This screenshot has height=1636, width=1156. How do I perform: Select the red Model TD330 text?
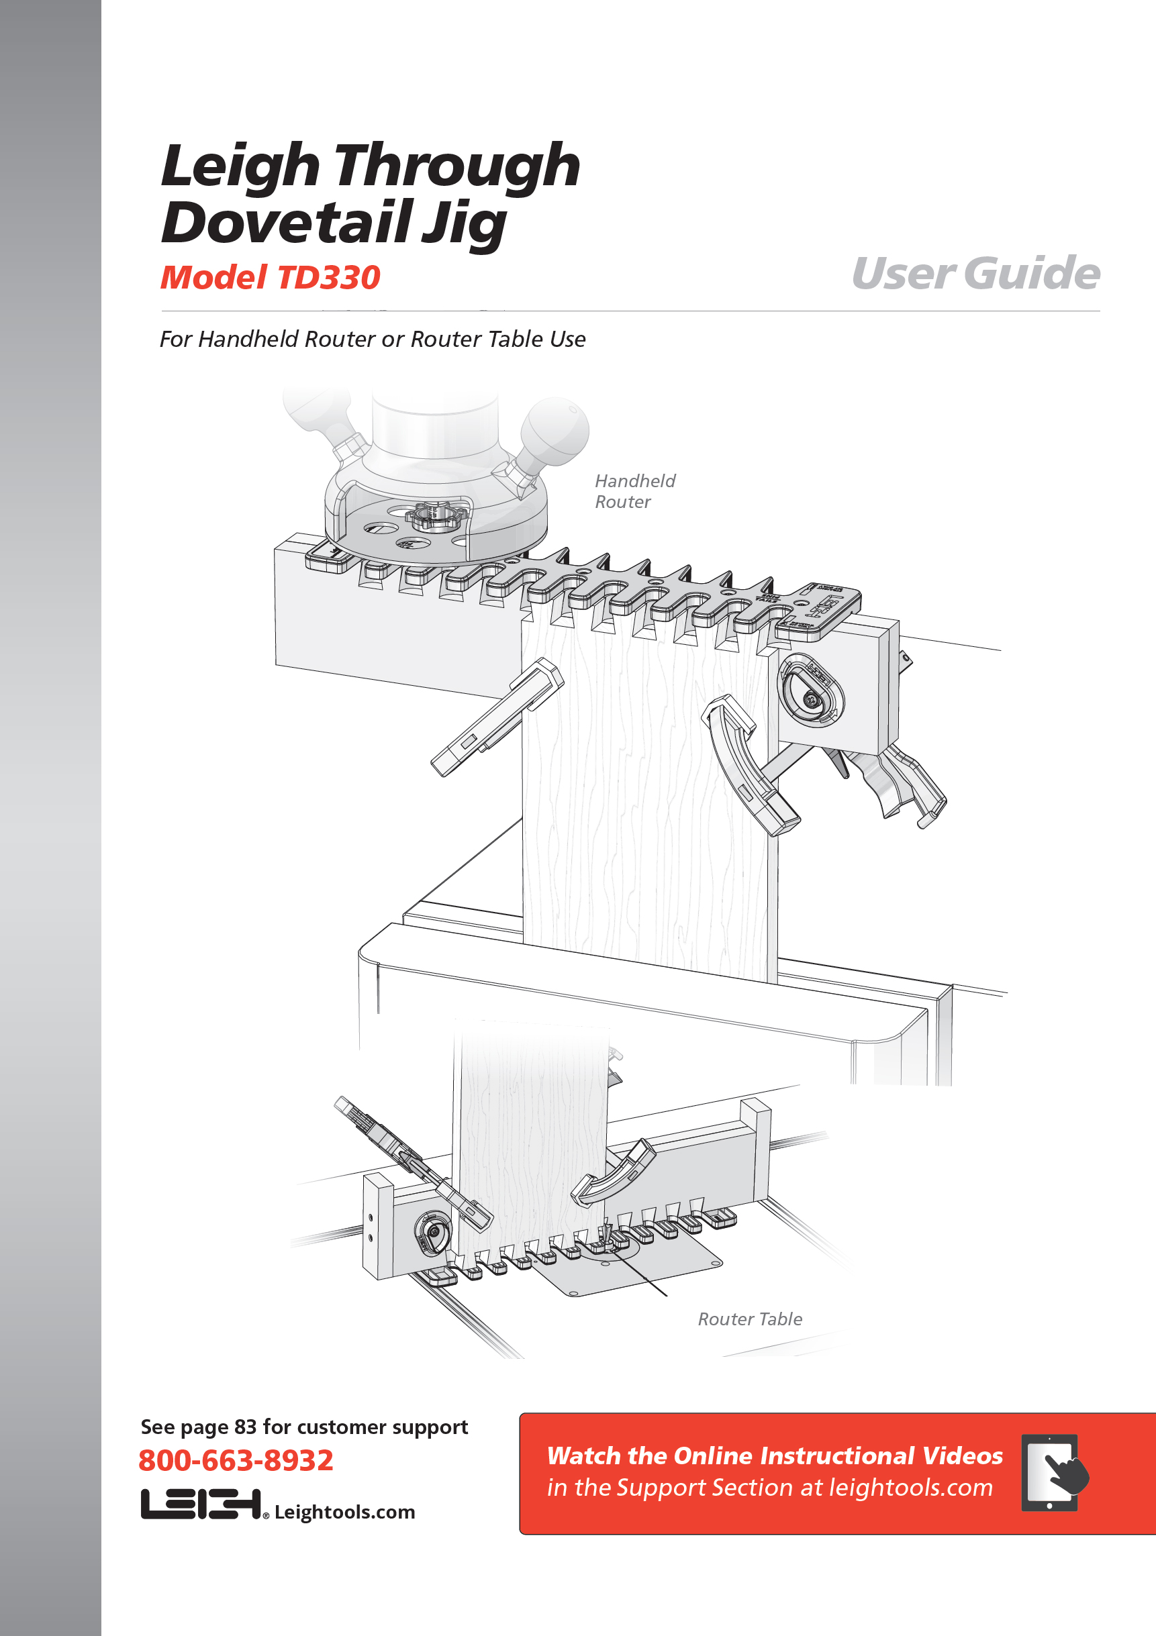[x=270, y=277]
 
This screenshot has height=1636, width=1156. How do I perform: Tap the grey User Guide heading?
[x=975, y=273]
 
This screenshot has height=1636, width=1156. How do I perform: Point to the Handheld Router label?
[x=635, y=491]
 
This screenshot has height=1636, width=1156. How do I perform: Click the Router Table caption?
[x=750, y=1319]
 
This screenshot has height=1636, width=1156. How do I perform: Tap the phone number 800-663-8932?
[x=236, y=1460]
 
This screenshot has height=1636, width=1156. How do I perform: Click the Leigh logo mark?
[x=201, y=1503]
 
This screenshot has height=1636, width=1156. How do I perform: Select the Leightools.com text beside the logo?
[x=344, y=1511]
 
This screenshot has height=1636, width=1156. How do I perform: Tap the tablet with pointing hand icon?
[x=1053, y=1472]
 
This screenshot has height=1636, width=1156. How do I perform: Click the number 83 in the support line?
[x=245, y=1427]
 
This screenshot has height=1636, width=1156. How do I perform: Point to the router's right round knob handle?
[x=555, y=429]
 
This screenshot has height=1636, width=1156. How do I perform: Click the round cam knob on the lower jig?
[x=432, y=1232]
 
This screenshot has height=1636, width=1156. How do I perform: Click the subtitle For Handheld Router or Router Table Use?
[x=373, y=339]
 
